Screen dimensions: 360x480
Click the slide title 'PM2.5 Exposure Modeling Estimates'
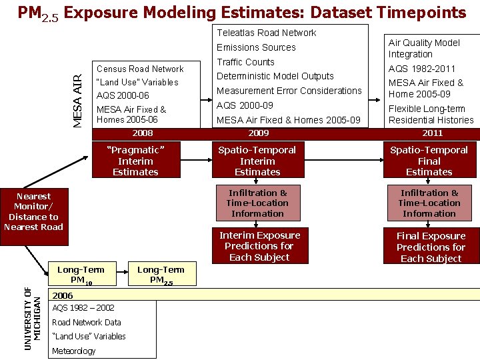click(x=241, y=13)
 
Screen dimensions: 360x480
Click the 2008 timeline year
click(x=143, y=133)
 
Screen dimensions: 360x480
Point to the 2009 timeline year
click(x=258, y=133)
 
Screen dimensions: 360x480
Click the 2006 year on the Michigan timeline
click(x=63, y=295)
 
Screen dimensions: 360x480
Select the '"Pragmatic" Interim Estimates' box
click(x=135, y=161)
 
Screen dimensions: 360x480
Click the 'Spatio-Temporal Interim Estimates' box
click(x=257, y=161)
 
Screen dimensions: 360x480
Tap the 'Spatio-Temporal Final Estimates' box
click(x=429, y=161)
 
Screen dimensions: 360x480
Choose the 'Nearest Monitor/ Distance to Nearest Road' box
click(x=33, y=211)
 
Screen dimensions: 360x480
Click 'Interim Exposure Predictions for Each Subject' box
click(x=260, y=246)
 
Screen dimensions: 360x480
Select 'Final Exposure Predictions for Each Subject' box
click(x=431, y=247)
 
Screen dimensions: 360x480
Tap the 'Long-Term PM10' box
click(x=81, y=274)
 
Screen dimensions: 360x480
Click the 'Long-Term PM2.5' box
click(x=161, y=274)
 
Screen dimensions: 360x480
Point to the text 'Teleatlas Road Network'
click(x=267, y=33)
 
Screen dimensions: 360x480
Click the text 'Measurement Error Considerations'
click(x=289, y=91)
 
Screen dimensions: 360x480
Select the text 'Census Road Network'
click(x=140, y=69)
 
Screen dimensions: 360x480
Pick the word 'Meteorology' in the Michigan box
click(x=73, y=351)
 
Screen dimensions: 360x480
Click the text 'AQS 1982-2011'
click(x=422, y=69)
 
